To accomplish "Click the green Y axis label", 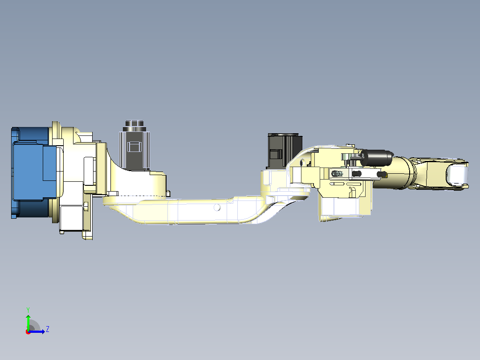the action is [28, 310].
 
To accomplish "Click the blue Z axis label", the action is [48, 329].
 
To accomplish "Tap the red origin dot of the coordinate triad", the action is [28, 332].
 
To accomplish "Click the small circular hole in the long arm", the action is [217, 208].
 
